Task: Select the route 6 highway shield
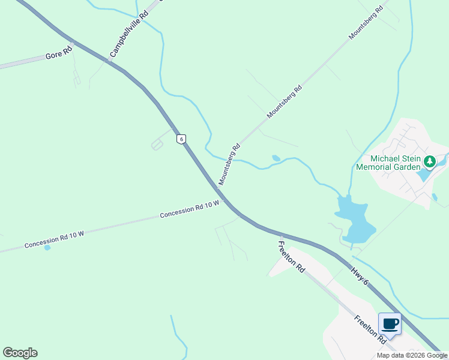tap(181, 139)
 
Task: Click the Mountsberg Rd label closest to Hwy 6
tap(229, 163)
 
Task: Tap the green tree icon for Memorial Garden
tap(430, 161)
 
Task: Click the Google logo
tap(20, 353)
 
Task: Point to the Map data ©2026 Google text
tap(411, 355)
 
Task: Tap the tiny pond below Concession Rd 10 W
tap(47, 247)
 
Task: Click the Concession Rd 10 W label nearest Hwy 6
tap(190, 211)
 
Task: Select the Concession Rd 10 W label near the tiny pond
tap(53, 240)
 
